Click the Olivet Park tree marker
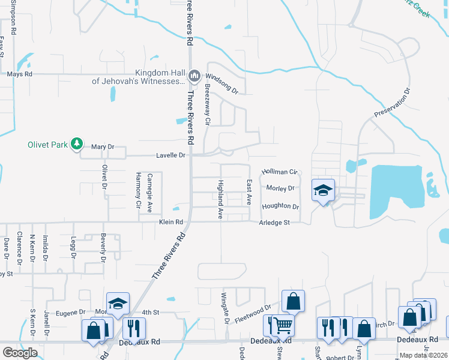76,144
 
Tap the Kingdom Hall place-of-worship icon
194,76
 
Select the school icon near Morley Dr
323,191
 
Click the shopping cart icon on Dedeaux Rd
282,326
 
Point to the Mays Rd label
19,74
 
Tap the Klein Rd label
170,222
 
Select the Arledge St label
274,223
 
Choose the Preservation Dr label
391,103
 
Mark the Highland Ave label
220,199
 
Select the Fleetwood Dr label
253,313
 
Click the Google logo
20,353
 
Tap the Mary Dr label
102,146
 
